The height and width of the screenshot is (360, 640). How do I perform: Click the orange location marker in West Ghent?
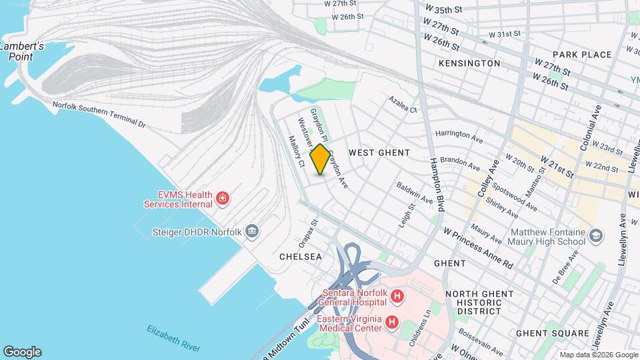(319, 159)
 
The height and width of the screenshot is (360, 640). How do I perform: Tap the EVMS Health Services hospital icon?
(223, 199)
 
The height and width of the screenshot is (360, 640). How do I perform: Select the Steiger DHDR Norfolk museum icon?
(253, 231)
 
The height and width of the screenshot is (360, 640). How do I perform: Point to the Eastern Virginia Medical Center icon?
(392, 323)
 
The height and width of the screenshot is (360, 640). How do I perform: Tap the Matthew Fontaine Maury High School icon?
(595, 236)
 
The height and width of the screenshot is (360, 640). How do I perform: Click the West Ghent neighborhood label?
(379, 153)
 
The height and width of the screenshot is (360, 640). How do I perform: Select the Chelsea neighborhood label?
(301, 256)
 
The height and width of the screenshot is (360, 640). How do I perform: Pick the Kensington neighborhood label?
(469, 63)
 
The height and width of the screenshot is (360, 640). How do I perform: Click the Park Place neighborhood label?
(582, 55)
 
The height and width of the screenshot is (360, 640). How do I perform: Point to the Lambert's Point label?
(22, 51)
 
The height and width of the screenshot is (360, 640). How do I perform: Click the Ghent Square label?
(553, 333)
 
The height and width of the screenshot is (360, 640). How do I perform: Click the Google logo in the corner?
(22, 352)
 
